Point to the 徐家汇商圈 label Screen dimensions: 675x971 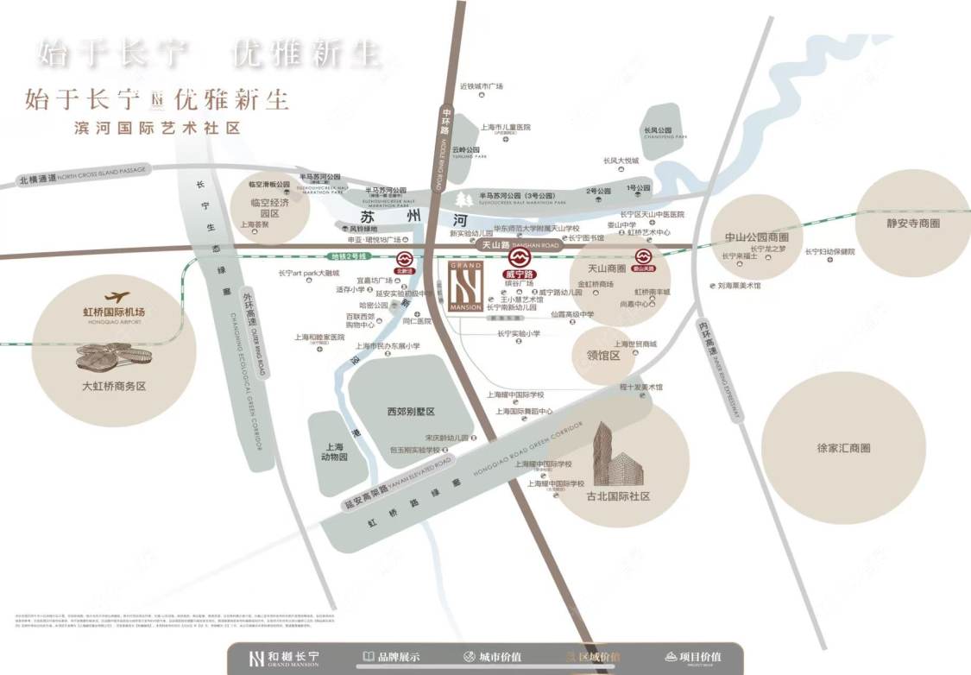(842, 448)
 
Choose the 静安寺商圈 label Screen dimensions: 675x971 (911, 223)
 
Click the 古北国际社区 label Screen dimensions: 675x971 (618, 496)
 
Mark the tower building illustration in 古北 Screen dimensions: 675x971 (616, 454)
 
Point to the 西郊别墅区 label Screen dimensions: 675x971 (410, 412)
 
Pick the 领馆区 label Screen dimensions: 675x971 (603, 355)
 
